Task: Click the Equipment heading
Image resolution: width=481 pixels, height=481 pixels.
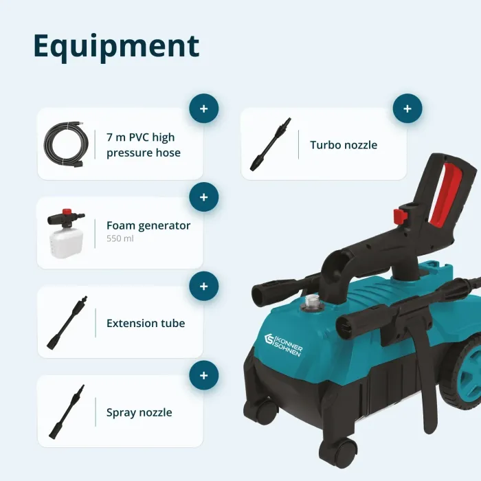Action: pyautogui.click(x=116, y=46)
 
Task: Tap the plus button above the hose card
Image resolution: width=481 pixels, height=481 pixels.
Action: pyautogui.click(x=203, y=109)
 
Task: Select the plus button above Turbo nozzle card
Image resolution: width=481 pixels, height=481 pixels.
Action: pyautogui.click(x=407, y=109)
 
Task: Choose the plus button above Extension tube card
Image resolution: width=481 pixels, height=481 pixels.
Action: pyautogui.click(x=203, y=287)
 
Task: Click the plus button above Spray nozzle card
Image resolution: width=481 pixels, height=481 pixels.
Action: pyautogui.click(x=203, y=375)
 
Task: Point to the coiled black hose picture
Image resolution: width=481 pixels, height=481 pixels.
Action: pyautogui.click(x=66, y=144)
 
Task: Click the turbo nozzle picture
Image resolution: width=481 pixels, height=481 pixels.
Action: pyautogui.click(x=270, y=144)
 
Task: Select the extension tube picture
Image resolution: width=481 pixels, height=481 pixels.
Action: pyautogui.click(x=67, y=323)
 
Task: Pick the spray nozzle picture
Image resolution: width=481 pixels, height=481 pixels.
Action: pyautogui.click(x=67, y=412)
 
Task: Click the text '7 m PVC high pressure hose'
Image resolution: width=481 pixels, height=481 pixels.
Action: pyautogui.click(x=143, y=145)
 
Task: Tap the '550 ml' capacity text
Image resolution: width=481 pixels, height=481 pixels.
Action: pyautogui.click(x=120, y=238)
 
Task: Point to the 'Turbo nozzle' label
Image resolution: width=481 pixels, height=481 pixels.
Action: pyautogui.click(x=344, y=145)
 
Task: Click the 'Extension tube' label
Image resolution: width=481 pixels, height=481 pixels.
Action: pyautogui.click(x=146, y=323)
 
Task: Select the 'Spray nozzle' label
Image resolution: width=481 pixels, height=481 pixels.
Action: pyautogui.click(x=139, y=412)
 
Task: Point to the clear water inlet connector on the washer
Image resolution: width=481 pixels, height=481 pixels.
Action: pyautogui.click(x=311, y=302)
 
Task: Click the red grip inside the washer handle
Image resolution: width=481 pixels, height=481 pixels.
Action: pyautogui.click(x=443, y=193)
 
